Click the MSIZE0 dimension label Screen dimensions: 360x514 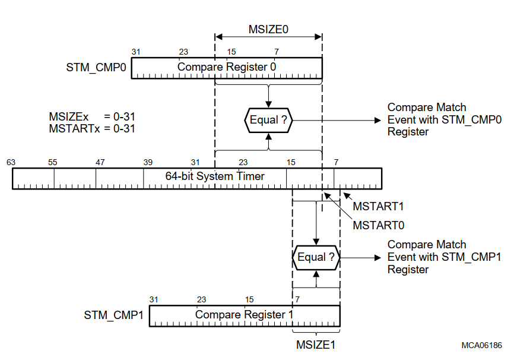269,28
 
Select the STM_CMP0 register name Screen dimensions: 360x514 96,68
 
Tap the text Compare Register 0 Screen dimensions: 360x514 226,67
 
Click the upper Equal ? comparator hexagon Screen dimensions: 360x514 268,120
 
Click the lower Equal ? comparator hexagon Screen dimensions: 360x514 316,257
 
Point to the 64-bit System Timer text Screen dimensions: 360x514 214,176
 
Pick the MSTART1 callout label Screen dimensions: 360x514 378,207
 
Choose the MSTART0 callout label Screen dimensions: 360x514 378,225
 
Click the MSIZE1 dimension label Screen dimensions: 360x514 316,344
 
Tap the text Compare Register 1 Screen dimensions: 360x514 244,314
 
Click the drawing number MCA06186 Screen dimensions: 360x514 482,345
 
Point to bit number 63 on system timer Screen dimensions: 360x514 11,162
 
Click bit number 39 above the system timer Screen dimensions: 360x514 148,162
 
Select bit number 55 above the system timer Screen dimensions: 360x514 53,162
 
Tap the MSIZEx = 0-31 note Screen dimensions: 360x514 91,116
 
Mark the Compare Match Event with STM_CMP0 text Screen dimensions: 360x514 444,119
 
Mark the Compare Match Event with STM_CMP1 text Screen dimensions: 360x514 444,257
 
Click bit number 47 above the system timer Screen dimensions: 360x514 100,162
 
